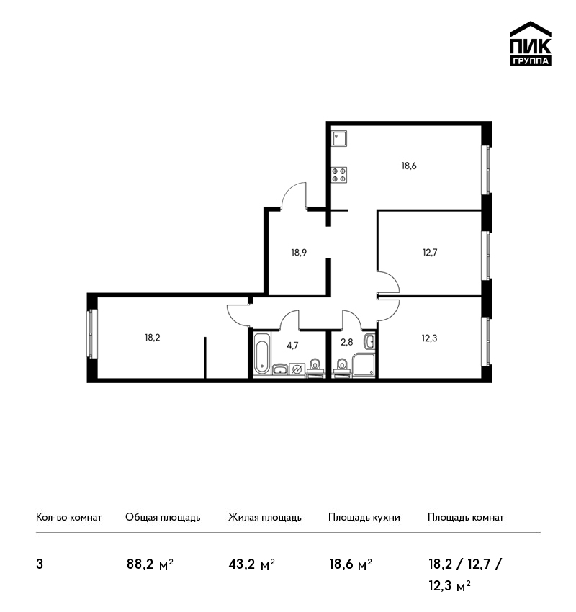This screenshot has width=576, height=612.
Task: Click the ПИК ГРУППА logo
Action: (x=531, y=44)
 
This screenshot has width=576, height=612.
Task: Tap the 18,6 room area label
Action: (x=409, y=166)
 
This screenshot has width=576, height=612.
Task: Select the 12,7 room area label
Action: (x=430, y=252)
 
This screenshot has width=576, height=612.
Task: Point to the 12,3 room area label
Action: (x=429, y=338)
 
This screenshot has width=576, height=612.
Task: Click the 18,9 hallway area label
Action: (x=299, y=253)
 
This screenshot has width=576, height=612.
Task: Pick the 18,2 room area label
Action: (x=153, y=338)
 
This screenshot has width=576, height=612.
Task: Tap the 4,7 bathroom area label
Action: (x=292, y=346)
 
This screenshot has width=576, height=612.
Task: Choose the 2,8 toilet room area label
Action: (x=346, y=342)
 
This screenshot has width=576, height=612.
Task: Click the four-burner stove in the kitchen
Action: (x=338, y=175)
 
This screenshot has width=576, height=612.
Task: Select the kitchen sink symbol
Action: (x=338, y=138)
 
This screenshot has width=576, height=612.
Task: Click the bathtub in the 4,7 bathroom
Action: (x=261, y=354)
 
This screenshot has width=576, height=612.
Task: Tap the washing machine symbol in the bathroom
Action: (x=297, y=369)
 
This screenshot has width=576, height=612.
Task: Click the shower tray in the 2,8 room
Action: (x=364, y=366)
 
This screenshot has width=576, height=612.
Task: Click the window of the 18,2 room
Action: (x=92, y=333)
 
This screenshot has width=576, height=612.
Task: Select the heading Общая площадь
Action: (x=163, y=518)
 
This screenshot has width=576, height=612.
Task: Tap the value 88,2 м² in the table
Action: (x=150, y=564)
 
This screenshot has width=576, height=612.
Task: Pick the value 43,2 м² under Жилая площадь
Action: (x=252, y=564)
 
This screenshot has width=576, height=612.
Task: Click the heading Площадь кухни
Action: (x=364, y=518)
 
